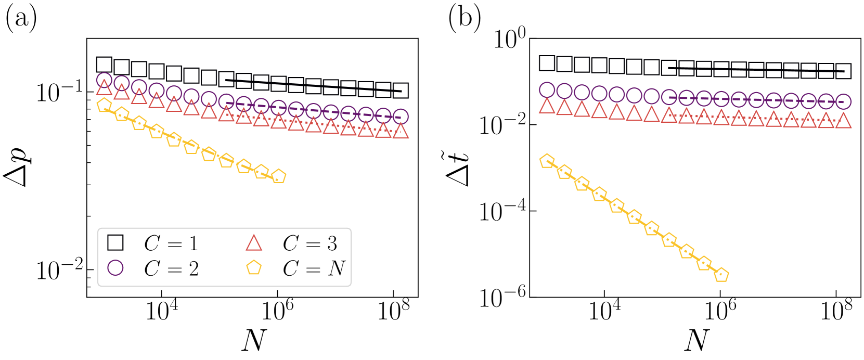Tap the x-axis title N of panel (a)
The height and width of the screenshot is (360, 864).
point(253,341)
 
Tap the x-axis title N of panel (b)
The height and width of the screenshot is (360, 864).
point(696,341)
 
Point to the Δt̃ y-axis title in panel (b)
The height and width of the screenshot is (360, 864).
point(459,168)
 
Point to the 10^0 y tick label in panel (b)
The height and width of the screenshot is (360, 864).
point(502,38)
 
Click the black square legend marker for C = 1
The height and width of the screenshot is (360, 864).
point(115,242)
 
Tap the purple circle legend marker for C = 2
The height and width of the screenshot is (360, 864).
point(115,268)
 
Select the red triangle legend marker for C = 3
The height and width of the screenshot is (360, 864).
point(254,242)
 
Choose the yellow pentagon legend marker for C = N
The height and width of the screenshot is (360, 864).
point(254,268)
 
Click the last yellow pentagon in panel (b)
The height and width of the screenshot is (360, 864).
point(721,275)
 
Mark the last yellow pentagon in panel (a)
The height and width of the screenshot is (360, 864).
point(279,176)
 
